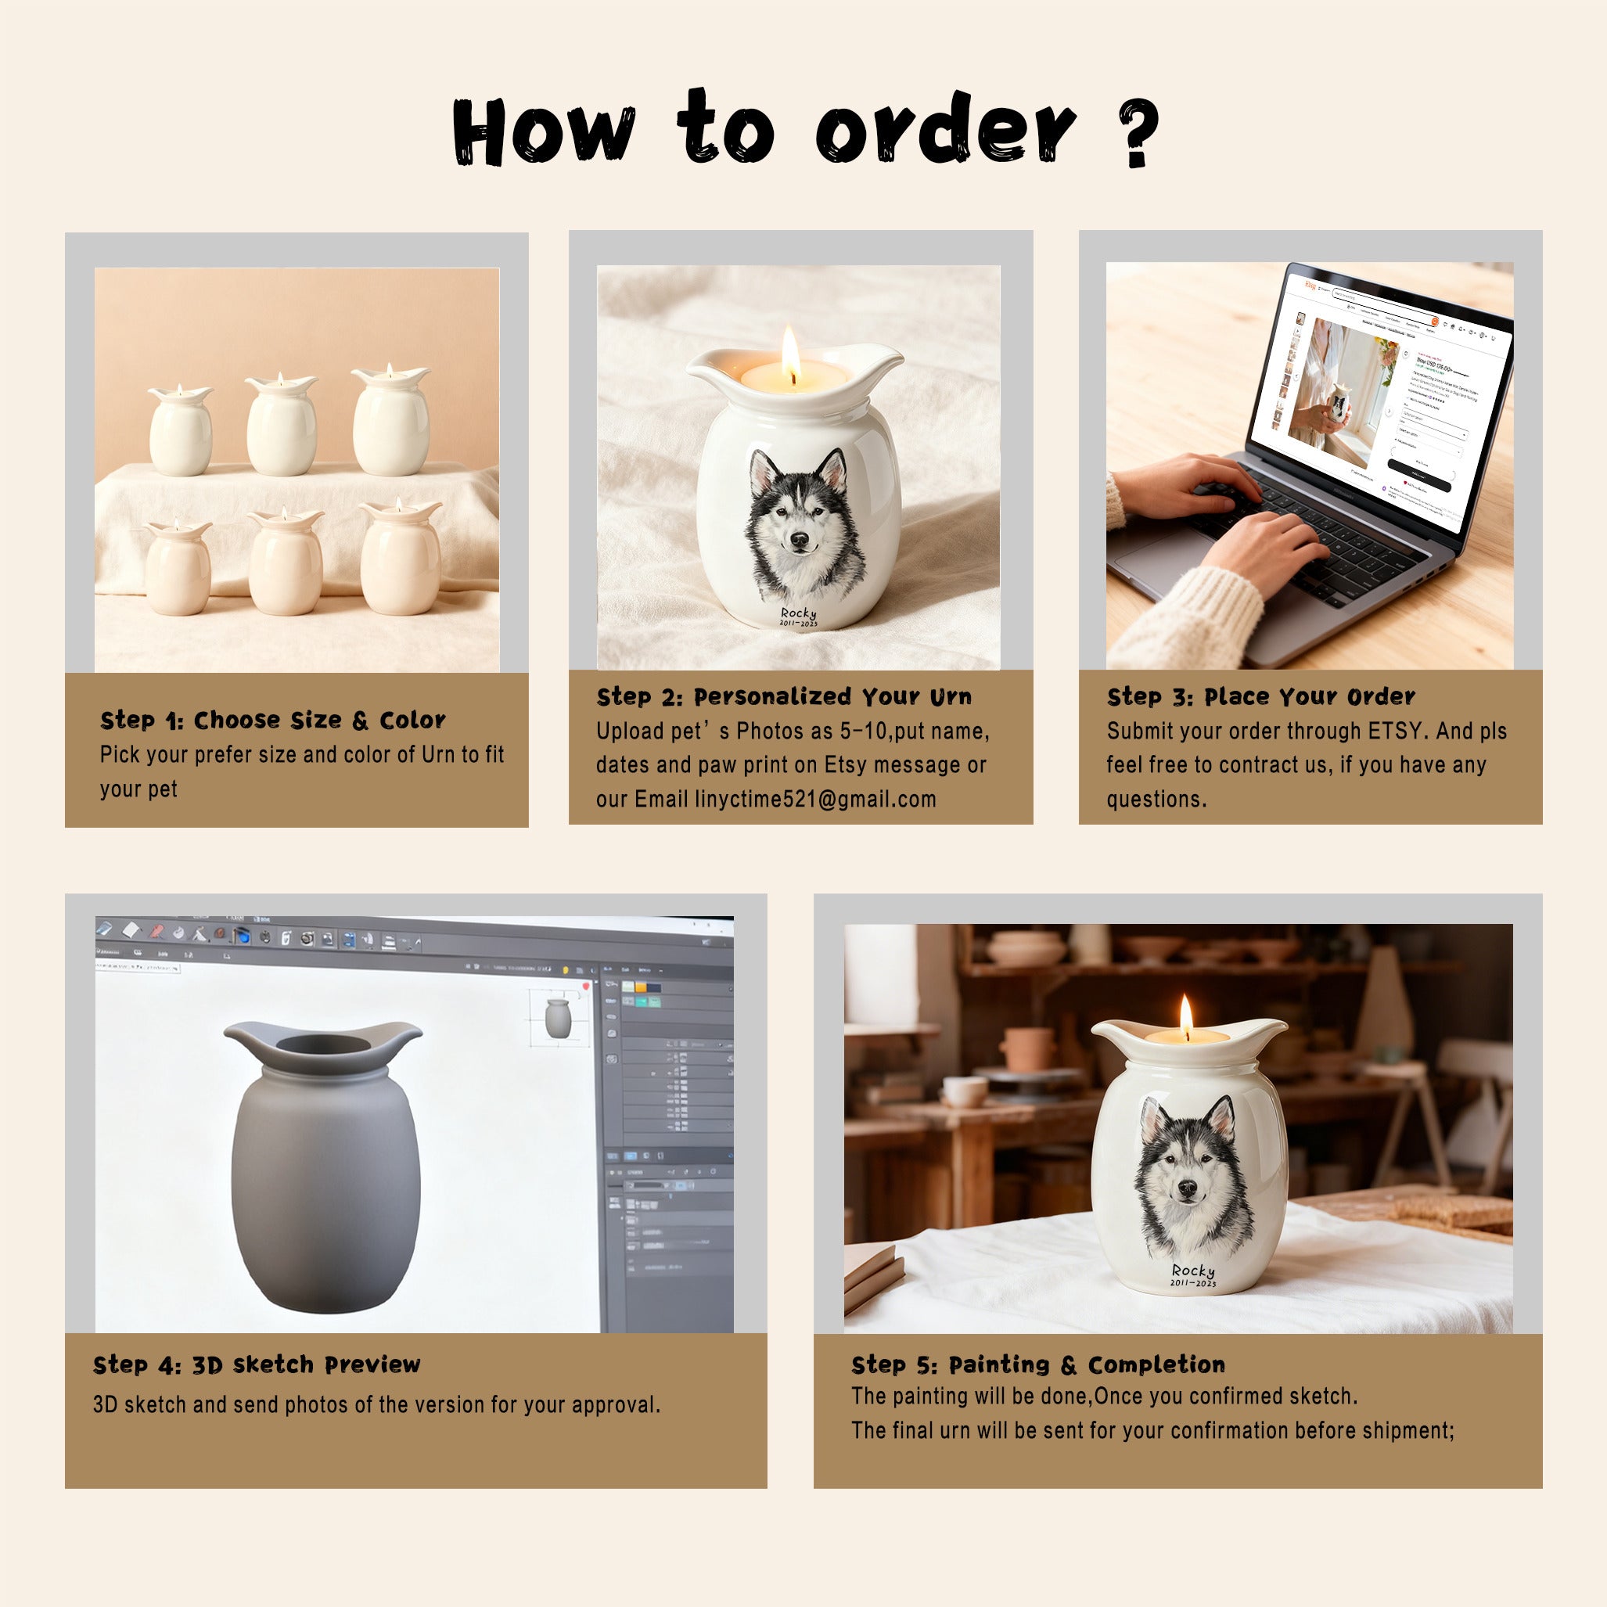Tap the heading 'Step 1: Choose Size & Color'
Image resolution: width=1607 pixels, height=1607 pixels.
tap(273, 721)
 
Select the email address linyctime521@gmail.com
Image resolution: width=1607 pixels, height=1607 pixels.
tap(815, 800)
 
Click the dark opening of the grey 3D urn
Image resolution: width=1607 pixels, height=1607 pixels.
tap(323, 1044)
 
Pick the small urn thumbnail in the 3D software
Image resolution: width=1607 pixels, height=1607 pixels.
tap(557, 1018)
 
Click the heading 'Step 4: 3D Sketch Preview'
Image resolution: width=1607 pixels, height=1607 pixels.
tap(256, 1365)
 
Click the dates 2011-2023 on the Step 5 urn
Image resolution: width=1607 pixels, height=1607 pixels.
tap(1193, 1283)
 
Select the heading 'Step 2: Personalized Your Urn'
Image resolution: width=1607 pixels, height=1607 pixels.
tap(783, 697)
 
